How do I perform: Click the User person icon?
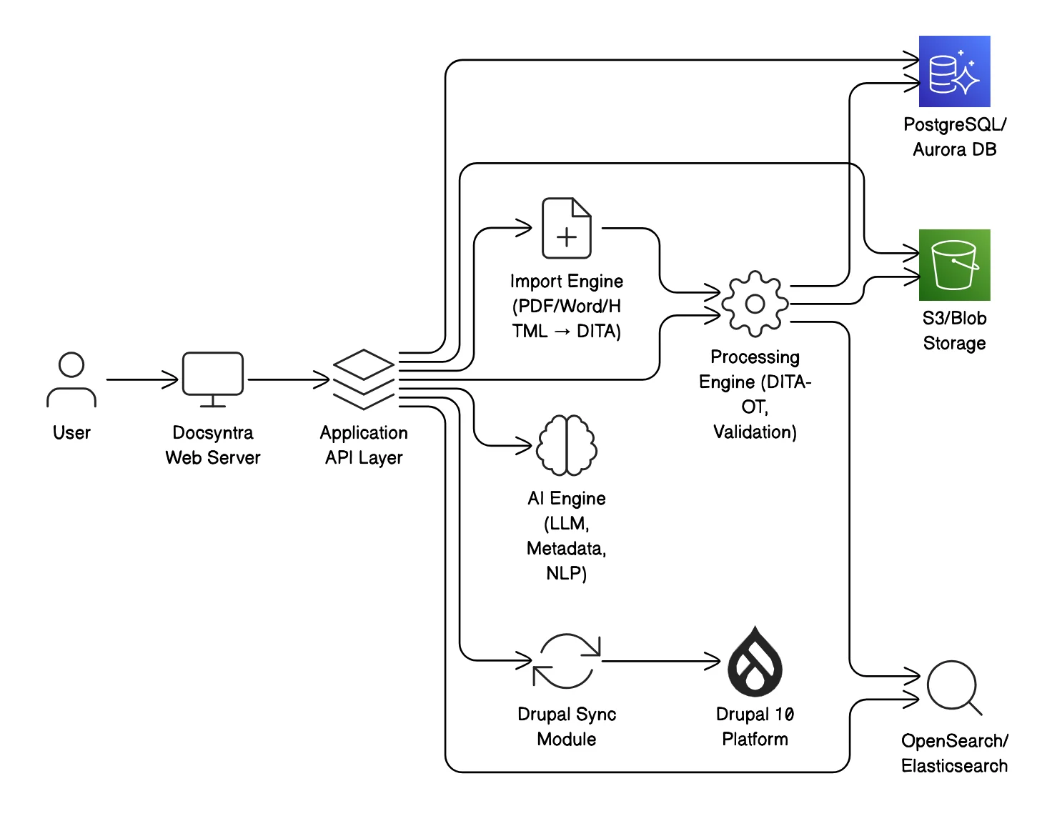(71, 379)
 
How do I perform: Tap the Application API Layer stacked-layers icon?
(364, 379)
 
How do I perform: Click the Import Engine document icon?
(567, 228)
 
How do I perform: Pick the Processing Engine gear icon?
(755, 304)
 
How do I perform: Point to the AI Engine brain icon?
(567, 445)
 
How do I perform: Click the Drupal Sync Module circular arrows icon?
(567, 661)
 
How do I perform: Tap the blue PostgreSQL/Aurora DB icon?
(954, 71)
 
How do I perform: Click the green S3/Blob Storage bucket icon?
(954, 264)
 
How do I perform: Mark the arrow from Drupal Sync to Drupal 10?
(661, 661)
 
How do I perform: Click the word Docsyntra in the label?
(213, 433)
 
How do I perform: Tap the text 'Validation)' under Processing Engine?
(755, 432)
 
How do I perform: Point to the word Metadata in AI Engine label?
(565, 549)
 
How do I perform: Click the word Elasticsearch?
(954, 766)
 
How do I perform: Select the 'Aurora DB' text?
(954, 149)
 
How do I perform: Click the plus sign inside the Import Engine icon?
(567, 237)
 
